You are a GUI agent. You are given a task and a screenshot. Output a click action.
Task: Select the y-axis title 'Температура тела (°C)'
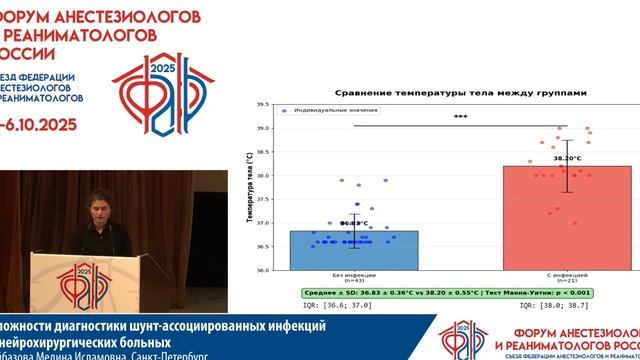pyautogui.click(x=247, y=187)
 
